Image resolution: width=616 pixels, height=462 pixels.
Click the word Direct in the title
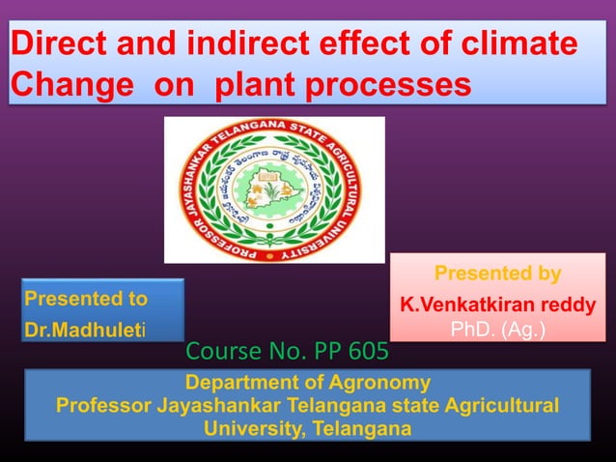56,45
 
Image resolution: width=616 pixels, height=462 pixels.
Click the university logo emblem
274,189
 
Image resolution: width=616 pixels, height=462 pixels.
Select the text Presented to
86,298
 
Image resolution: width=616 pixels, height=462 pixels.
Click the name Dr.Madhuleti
86,330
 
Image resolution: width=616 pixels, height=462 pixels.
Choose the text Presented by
497,274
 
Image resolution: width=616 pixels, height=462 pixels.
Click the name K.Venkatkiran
470,304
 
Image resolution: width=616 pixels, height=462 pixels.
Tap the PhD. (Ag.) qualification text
497,331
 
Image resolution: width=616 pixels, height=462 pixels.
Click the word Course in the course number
220,349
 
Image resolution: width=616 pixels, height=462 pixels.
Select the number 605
370,349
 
